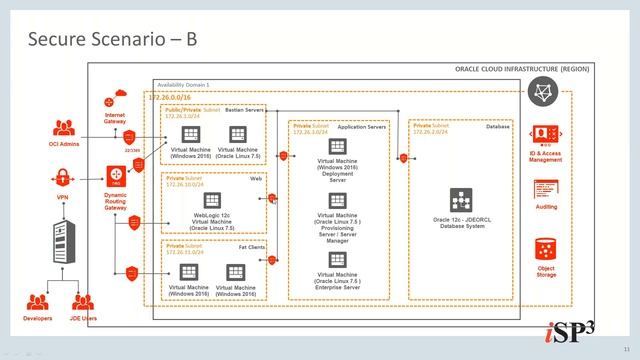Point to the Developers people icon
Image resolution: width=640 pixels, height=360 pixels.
(x=39, y=301)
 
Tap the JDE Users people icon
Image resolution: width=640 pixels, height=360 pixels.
(x=84, y=301)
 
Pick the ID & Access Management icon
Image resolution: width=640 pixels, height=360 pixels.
(x=545, y=135)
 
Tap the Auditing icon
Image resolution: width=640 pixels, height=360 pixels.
(x=545, y=189)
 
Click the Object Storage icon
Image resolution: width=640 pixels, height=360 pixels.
(x=545, y=247)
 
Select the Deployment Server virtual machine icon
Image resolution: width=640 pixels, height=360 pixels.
(x=338, y=146)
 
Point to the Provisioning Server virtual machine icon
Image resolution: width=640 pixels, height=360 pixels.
(x=338, y=203)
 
